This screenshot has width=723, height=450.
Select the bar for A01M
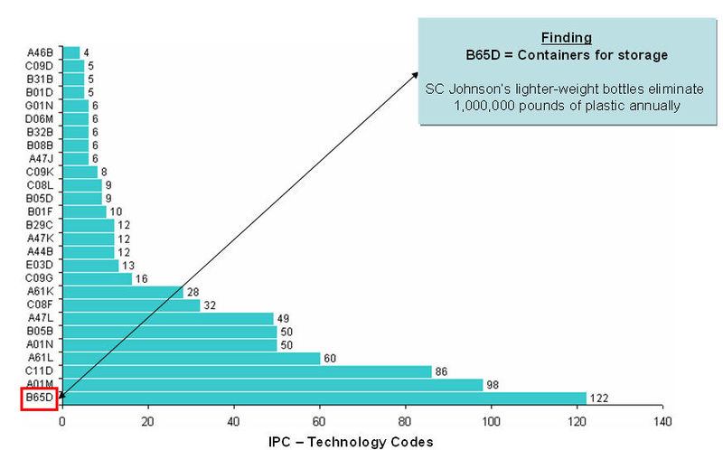click(x=272, y=385)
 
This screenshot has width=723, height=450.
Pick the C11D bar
click(x=246, y=371)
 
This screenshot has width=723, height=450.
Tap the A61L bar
click(x=191, y=358)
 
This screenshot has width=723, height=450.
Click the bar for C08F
click(x=130, y=305)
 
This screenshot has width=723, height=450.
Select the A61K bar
click(x=122, y=291)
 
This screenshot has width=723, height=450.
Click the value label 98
click(x=493, y=385)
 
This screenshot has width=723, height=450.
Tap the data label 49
click(x=282, y=318)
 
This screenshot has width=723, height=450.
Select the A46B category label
click(x=41, y=52)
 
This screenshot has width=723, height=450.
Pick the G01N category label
click(x=41, y=105)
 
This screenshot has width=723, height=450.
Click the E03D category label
click(x=41, y=265)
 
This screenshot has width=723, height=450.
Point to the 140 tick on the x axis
click(x=662, y=421)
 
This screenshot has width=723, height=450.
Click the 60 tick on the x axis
click(x=319, y=421)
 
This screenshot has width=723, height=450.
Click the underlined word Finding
click(x=566, y=38)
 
